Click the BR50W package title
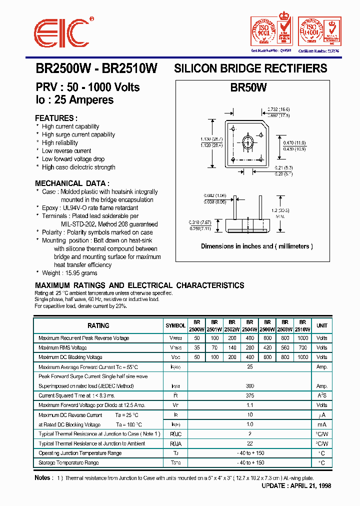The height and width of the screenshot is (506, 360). (x=248, y=87)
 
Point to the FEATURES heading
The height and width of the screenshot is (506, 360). (x=56, y=118)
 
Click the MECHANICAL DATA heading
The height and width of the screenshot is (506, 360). (x=72, y=183)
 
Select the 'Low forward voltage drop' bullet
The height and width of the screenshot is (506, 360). (x=73, y=159)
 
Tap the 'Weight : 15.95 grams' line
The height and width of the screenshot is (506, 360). (x=69, y=273)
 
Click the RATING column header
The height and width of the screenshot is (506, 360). (x=98, y=325)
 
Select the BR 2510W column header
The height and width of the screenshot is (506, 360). (x=301, y=326)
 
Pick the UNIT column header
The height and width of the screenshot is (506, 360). (x=321, y=325)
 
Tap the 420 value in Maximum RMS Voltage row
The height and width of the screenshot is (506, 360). (x=267, y=347)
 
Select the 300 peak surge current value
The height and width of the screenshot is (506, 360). (x=250, y=386)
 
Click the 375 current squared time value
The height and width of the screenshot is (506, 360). (x=250, y=395)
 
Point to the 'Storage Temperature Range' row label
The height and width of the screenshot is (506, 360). (x=68, y=463)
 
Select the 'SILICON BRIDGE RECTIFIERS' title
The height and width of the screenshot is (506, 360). (x=250, y=68)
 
